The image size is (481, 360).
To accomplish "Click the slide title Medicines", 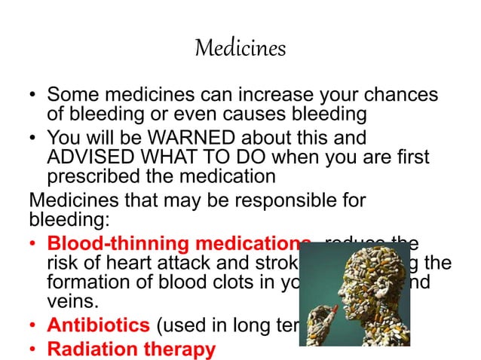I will pos(240,49).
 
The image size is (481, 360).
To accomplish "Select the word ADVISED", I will pos(82,158).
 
